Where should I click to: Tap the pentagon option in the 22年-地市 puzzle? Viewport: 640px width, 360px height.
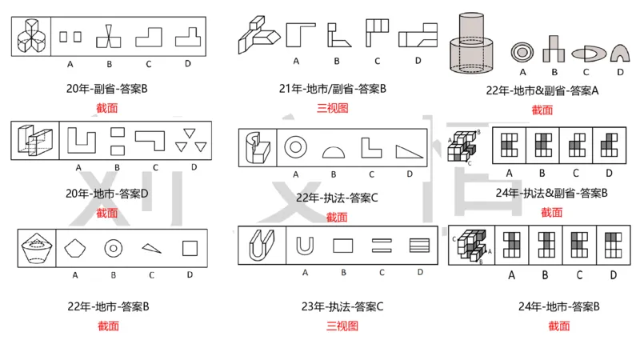pos(75,248)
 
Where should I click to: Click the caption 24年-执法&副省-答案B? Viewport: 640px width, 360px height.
pos(551,193)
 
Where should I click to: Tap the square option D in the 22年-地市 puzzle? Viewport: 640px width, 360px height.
pos(190,248)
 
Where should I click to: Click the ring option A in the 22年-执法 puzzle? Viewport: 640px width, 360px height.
pos(296,147)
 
